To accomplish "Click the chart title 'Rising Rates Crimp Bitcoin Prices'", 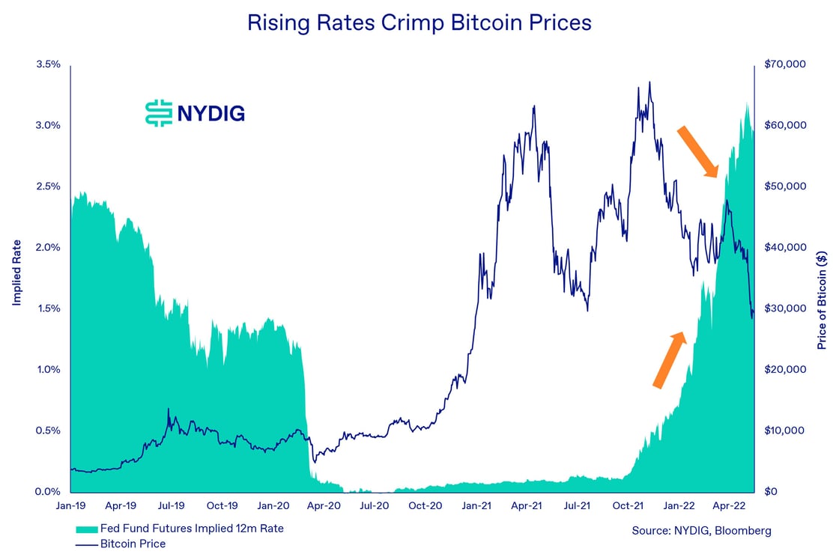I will [x=419, y=23].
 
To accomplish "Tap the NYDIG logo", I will [x=195, y=113].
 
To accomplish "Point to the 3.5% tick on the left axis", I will [x=48, y=64].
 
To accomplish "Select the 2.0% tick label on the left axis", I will [x=48, y=248].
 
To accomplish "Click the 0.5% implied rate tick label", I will [x=48, y=431].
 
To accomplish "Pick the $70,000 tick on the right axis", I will [x=784, y=64].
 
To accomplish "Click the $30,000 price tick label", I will [x=784, y=308].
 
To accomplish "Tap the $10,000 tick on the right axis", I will [x=784, y=431].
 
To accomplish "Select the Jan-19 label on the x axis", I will [x=70, y=506].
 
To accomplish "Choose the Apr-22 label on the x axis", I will [x=730, y=506].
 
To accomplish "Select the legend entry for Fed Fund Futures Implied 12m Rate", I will [x=180, y=529].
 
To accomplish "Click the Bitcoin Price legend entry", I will [x=121, y=544].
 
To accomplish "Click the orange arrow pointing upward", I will [x=670, y=360].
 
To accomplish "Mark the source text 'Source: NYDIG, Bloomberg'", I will [x=701, y=531].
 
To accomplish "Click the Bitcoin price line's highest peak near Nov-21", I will [x=649, y=82].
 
